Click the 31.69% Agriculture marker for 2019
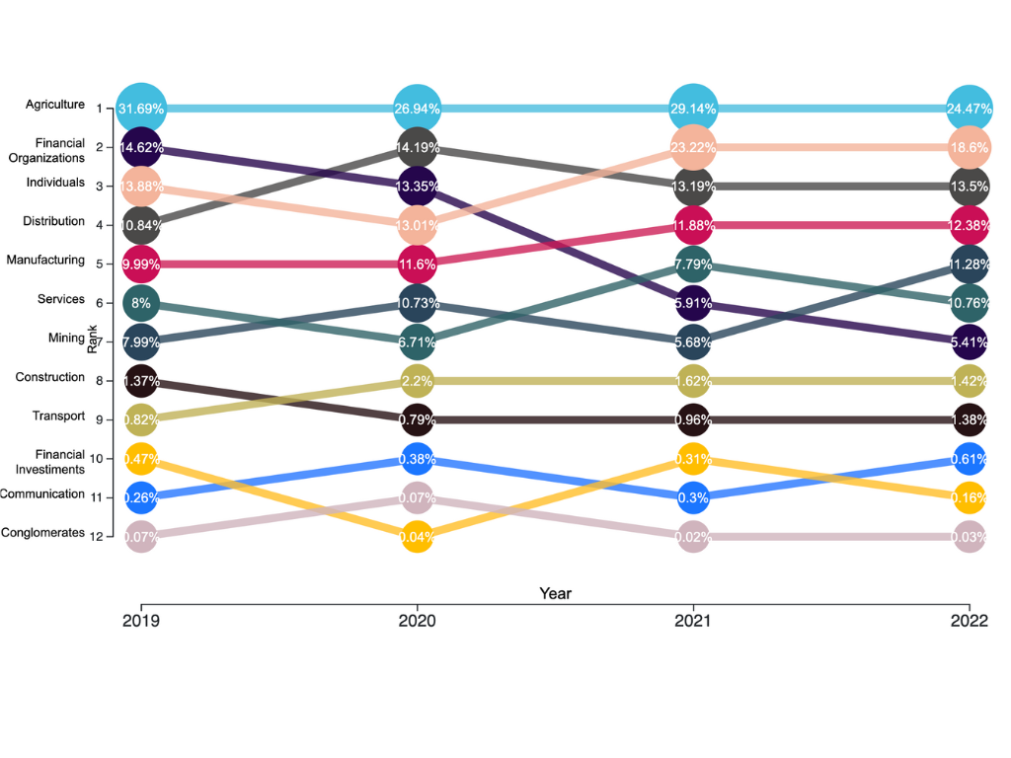pos(141,108)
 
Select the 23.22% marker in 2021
pos(693,147)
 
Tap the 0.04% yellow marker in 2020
pos(417,537)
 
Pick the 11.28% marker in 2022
pos(970,264)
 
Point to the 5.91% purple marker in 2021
pos(693,303)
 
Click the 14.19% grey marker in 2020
pos(417,147)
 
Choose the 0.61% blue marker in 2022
pos(970,459)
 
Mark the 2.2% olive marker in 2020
pos(417,381)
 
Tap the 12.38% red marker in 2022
pos(970,225)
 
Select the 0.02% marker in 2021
pos(693,537)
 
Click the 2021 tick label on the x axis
pos(693,622)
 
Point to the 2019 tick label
pos(141,622)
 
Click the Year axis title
pos(555,593)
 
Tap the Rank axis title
pos(92,342)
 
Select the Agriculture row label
pos(55,104)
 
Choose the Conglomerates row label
pos(42,533)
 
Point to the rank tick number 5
pos(100,265)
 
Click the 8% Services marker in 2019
pos(141,303)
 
